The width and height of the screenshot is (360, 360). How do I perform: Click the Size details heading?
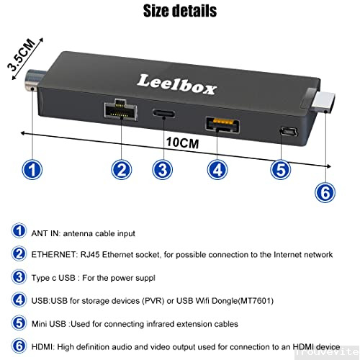tap(179, 11)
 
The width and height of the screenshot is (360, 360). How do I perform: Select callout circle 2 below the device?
tap(122, 170)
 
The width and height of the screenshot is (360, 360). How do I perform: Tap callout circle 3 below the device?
tap(163, 170)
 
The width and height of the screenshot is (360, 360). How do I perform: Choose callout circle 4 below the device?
tap(218, 170)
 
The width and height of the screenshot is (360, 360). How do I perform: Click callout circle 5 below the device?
tap(281, 170)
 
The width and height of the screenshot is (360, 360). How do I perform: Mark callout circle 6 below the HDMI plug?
tap(326, 191)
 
